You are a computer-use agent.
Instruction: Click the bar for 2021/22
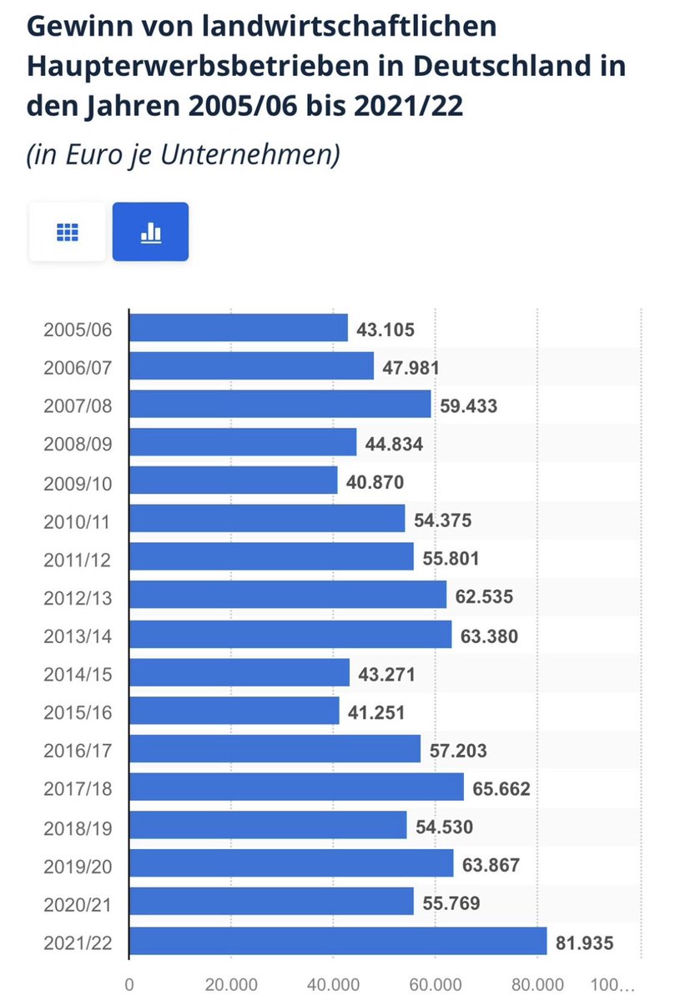(x=338, y=940)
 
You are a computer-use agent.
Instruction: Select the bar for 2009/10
(x=234, y=480)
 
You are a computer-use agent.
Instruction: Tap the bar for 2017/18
(x=296, y=787)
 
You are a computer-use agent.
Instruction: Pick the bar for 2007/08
(x=280, y=404)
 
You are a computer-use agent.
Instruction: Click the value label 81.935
(x=585, y=943)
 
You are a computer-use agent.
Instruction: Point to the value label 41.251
(x=377, y=713)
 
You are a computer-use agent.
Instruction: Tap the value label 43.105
(x=385, y=329)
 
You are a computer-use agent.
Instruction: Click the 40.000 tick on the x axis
(x=333, y=984)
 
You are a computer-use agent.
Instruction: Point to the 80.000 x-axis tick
(x=537, y=984)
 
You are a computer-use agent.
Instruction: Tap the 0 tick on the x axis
(x=129, y=984)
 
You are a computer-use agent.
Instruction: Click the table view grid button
(x=68, y=232)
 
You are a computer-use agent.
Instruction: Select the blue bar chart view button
(x=150, y=232)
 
